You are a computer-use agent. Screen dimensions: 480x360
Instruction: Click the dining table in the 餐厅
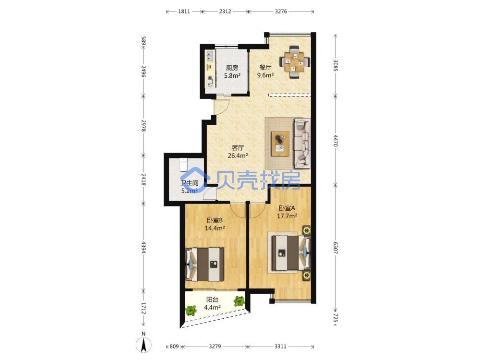294,62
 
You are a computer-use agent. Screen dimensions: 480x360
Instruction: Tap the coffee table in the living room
280,144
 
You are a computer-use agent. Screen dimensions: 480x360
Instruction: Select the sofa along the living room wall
302,144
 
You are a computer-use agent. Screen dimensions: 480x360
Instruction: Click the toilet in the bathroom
183,165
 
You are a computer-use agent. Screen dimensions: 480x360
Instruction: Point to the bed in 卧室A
289,252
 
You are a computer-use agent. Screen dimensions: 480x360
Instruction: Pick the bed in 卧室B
204,264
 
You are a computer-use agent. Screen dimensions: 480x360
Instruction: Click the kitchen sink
210,56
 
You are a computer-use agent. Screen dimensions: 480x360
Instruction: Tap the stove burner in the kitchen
210,78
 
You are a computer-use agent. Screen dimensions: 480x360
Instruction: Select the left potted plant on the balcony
191,311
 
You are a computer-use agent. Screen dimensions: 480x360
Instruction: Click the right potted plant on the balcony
239,301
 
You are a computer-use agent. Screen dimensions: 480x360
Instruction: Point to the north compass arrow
144,345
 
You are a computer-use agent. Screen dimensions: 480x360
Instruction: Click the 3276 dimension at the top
281,12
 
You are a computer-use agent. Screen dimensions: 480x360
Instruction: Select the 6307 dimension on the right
335,248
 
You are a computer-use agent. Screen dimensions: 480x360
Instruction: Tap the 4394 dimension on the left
143,247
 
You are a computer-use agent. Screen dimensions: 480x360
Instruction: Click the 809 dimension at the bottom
174,346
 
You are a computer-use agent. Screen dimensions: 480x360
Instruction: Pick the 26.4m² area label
238,156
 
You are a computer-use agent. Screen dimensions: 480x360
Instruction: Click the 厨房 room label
232,68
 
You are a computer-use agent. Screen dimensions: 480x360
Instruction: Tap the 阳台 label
212,300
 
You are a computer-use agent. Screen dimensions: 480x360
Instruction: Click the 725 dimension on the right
335,318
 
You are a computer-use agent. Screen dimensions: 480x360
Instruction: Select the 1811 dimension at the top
184,12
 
